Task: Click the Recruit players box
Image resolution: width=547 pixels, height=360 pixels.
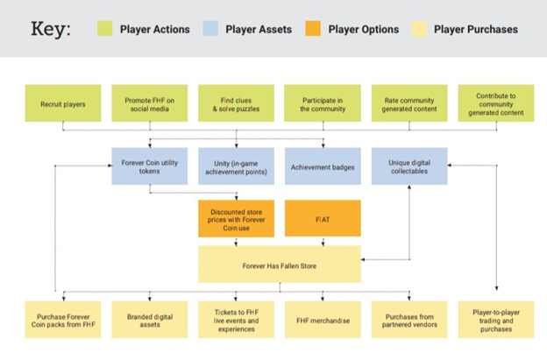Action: pyautogui.click(x=63, y=103)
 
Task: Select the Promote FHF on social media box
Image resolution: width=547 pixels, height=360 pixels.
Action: pyautogui.click(x=149, y=103)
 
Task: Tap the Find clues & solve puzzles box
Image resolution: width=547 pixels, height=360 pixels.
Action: pyautogui.click(x=236, y=103)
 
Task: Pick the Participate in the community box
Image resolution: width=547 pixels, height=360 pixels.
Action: pyautogui.click(x=323, y=103)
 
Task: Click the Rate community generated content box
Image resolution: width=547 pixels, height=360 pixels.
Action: pyautogui.click(x=409, y=103)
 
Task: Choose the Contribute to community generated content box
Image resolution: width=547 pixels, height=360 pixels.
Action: pyautogui.click(x=496, y=103)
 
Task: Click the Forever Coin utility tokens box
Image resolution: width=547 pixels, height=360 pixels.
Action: pyautogui.click(x=149, y=166)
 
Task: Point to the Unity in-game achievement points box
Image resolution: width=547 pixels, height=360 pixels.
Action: pyautogui.click(x=236, y=166)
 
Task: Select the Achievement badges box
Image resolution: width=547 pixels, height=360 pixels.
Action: pyautogui.click(x=323, y=166)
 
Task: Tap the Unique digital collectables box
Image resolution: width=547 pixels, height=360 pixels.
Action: pyautogui.click(x=409, y=166)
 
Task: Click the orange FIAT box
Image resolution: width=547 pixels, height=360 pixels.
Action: pyautogui.click(x=323, y=218)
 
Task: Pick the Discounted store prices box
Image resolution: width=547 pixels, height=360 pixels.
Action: pyautogui.click(x=236, y=218)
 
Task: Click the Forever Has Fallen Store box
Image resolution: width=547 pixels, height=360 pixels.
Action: pyautogui.click(x=280, y=265)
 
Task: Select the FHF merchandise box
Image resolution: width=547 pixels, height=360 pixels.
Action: pyautogui.click(x=323, y=320)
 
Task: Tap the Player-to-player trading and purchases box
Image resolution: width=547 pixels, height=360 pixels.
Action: pyautogui.click(x=496, y=320)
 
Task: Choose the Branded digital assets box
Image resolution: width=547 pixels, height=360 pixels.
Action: pyautogui.click(x=149, y=320)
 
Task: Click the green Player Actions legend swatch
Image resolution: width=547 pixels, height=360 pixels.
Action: pyautogui.click(x=104, y=29)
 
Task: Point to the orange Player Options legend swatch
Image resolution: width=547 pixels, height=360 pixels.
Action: pyautogui.click(x=313, y=29)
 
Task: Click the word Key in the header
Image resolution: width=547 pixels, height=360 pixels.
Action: pyautogui.click(x=51, y=29)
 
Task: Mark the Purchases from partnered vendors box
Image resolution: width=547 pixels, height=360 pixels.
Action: pyautogui.click(x=409, y=320)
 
